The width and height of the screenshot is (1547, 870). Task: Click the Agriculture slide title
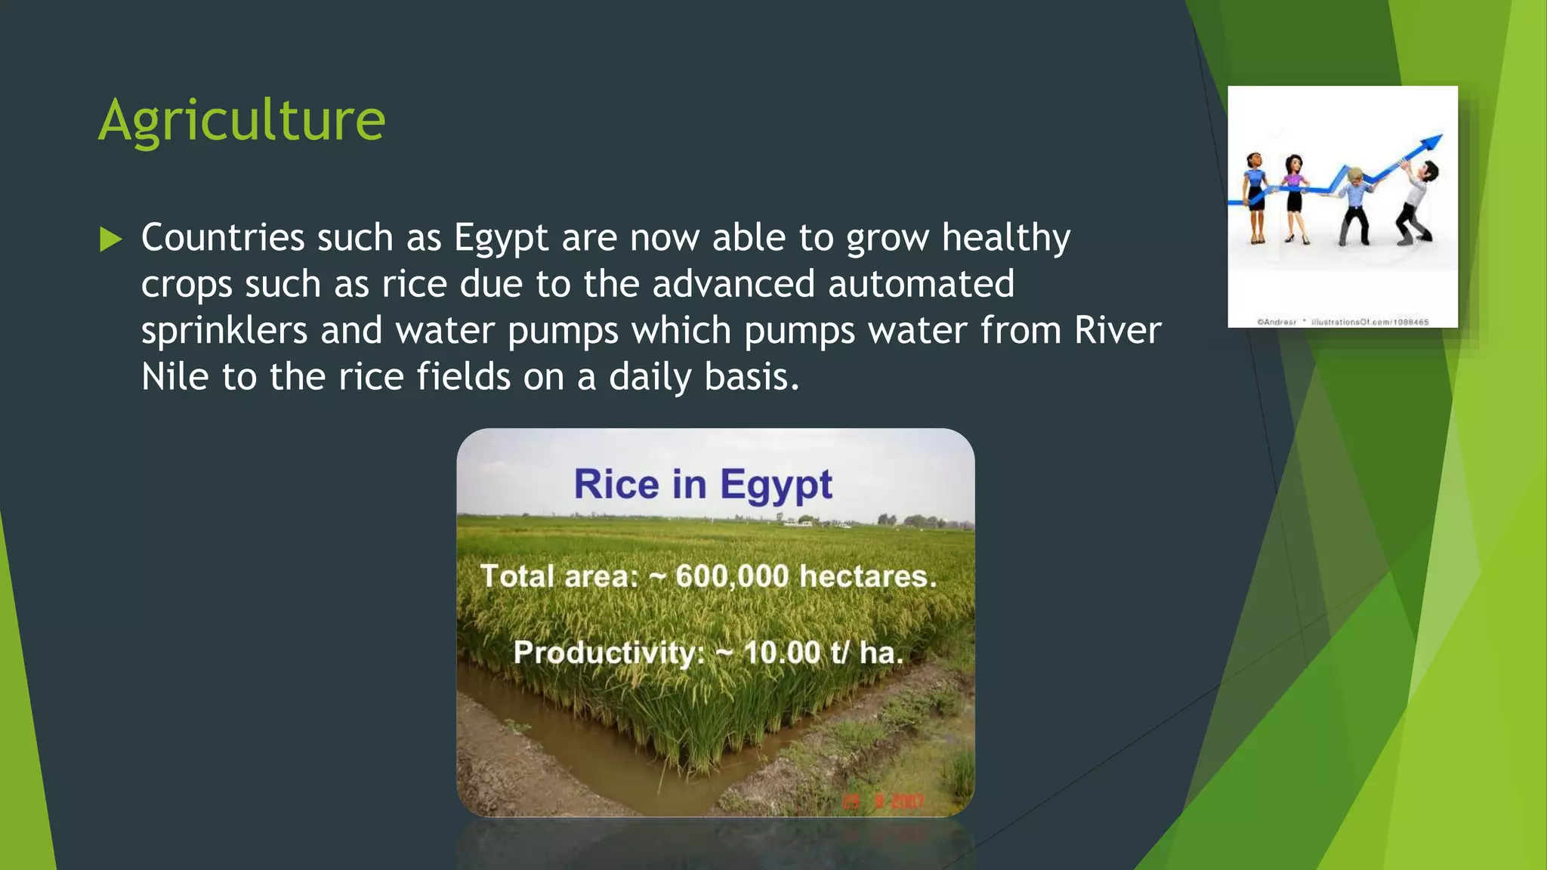(242, 119)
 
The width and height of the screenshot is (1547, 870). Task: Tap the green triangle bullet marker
(110, 239)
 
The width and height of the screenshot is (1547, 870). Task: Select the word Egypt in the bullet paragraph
(501, 239)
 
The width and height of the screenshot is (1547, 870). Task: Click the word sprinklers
(224, 331)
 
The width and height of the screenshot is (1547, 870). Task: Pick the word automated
(921, 285)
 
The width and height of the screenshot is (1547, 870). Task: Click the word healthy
(1006, 239)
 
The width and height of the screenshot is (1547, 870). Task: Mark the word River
(1118, 331)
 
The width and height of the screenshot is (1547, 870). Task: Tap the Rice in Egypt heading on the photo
(702, 484)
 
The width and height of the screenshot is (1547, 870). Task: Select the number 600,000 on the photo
(732, 576)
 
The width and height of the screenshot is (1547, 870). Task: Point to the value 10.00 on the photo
(782, 652)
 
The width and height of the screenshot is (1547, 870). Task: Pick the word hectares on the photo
(868, 576)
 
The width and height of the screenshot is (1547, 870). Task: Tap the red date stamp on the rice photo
(884, 801)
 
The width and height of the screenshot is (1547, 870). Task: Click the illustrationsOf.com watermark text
(1369, 322)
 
